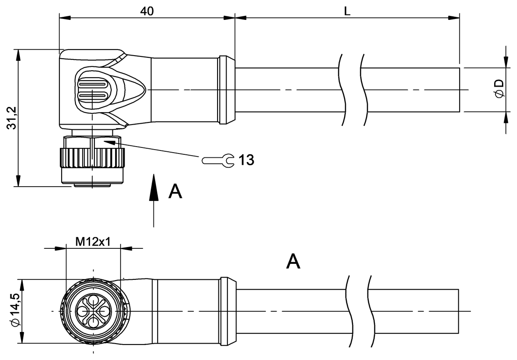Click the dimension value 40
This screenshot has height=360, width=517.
pyautogui.click(x=147, y=11)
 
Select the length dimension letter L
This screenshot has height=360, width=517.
pyautogui.click(x=347, y=12)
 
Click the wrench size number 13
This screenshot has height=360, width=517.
pyautogui.click(x=246, y=160)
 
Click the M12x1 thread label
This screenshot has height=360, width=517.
pyautogui.click(x=93, y=241)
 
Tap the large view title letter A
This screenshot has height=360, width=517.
pyautogui.click(x=293, y=262)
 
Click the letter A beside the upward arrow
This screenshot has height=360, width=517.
pyautogui.click(x=175, y=192)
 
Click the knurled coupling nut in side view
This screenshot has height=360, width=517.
pyautogui.click(x=93, y=158)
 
